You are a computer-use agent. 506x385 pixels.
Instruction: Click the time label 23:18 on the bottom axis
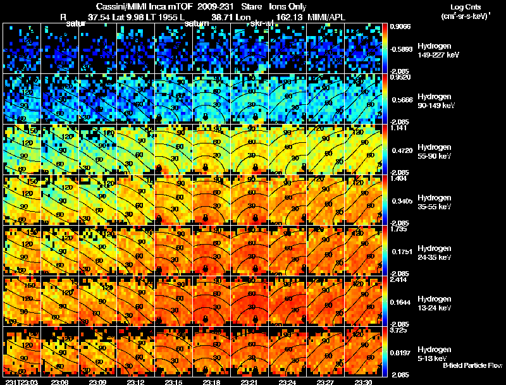point(212,382)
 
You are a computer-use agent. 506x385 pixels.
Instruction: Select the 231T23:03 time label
point(21,382)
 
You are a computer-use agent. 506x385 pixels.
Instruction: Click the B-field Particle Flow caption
point(472,365)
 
